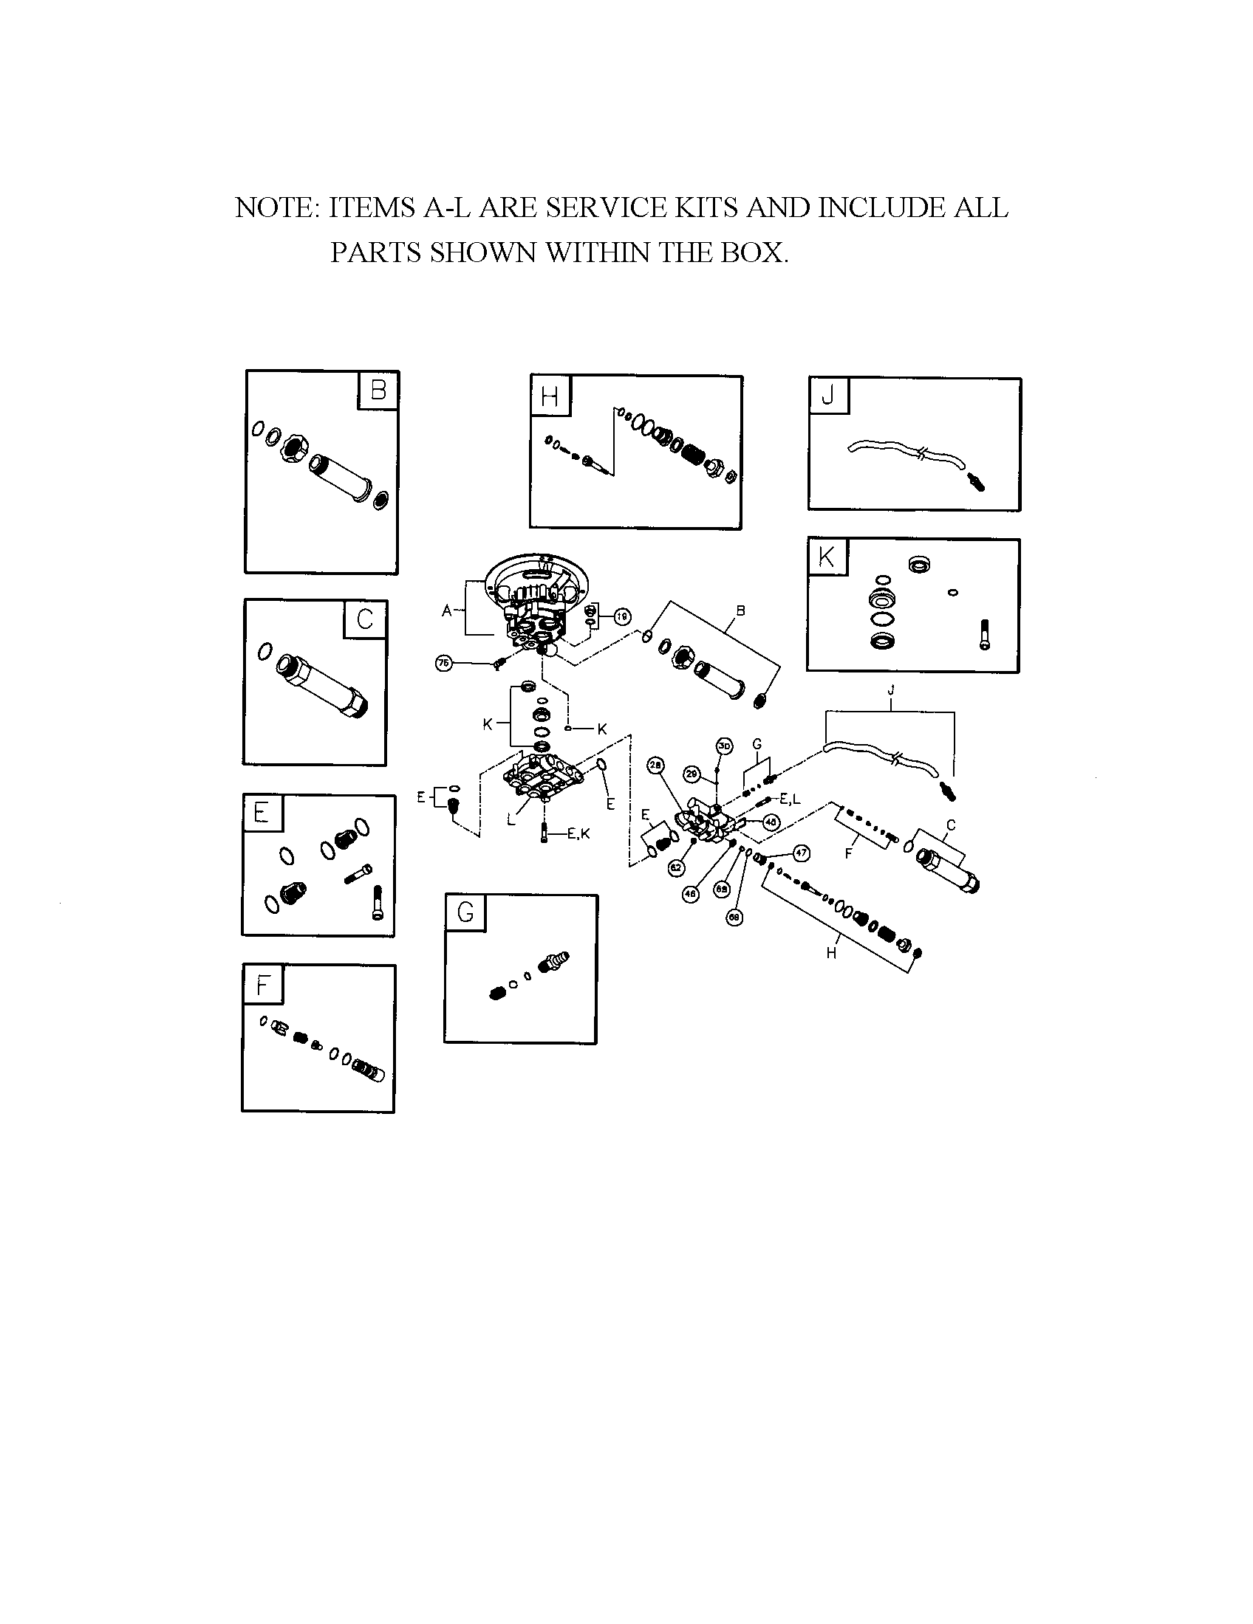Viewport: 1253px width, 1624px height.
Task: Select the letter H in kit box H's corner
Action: point(550,396)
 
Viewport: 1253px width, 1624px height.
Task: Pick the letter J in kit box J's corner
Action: point(828,396)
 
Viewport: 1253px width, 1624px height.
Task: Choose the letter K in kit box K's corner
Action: point(827,557)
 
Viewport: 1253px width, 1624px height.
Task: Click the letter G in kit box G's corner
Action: point(465,912)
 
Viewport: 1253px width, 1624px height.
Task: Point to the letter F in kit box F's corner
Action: point(262,985)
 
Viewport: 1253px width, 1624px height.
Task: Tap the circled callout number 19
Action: point(622,616)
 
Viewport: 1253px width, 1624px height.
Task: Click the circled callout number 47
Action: point(801,853)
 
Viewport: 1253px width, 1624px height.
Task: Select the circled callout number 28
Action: point(655,765)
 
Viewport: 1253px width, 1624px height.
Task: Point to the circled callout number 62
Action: point(676,867)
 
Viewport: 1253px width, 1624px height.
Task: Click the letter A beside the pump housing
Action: point(447,611)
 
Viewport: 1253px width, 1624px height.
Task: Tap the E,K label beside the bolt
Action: point(578,834)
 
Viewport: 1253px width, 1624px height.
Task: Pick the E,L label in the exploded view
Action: point(789,799)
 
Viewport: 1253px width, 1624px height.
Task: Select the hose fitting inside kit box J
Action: point(977,482)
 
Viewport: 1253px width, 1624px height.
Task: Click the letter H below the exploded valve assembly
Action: point(831,953)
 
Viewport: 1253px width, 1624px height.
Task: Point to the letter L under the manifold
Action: point(511,820)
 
